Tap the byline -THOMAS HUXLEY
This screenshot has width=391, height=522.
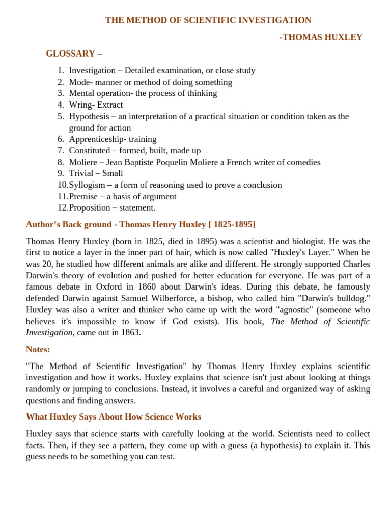pyautogui.click(x=321, y=37)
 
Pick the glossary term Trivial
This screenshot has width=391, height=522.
pyautogui.click(x=81, y=173)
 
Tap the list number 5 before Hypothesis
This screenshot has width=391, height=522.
pyautogui.click(x=61, y=116)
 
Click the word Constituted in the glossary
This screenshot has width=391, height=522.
pyautogui.click(x=89, y=151)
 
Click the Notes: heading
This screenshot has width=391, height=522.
pyautogui.click(x=38, y=349)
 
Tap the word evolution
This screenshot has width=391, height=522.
pyautogui.click(x=99, y=275)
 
